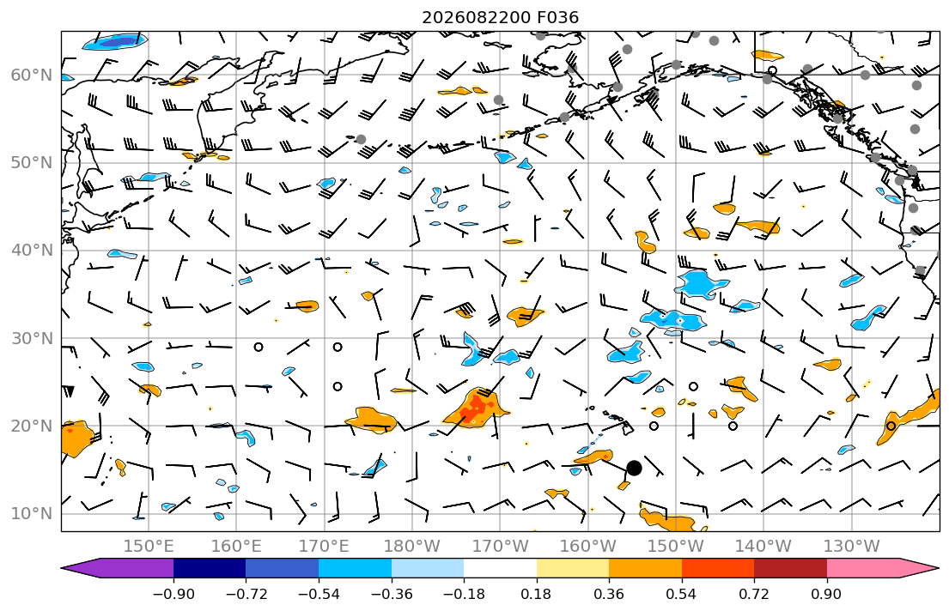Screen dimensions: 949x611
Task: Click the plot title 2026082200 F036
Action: (500, 17)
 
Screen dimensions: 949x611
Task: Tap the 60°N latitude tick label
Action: (32, 75)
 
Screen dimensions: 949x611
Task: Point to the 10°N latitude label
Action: (32, 514)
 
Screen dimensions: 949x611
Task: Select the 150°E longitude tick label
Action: (149, 547)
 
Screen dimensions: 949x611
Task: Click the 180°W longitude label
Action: (412, 547)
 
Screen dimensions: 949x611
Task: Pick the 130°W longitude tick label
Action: (852, 547)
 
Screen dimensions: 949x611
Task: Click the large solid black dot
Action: (634, 468)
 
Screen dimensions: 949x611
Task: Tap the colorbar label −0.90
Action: (173, 594)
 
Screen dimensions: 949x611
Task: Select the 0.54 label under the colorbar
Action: (682, 594)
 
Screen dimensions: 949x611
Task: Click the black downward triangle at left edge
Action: (69, 391)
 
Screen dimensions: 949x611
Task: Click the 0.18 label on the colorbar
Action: (536, 594)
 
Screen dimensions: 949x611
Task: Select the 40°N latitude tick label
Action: (32, 251)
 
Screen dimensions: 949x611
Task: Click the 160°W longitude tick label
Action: (588, 547)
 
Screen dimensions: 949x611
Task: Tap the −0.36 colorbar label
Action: (392, 594)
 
